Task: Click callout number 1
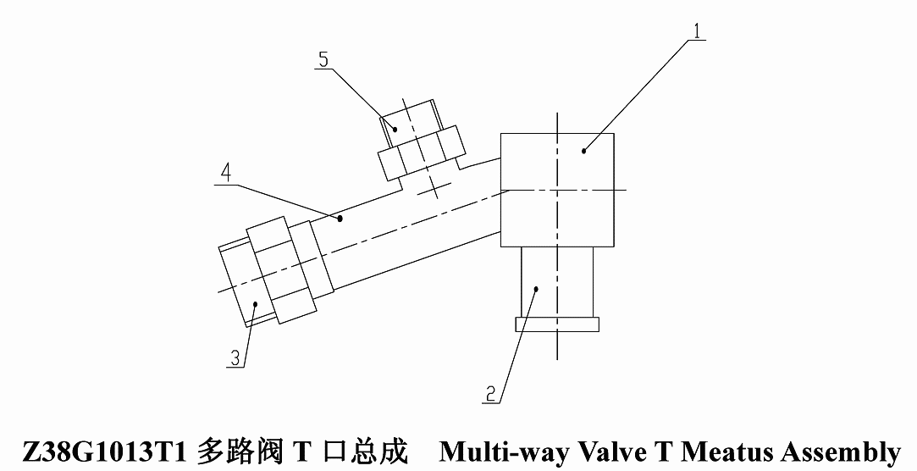tap(696, 30)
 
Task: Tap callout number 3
tap(235, 358)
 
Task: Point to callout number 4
tap(226, 175)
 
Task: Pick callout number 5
tap(323, 59)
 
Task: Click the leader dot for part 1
tap(583, 151)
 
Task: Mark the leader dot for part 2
tap(536, 287)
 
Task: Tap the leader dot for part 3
tap(255, 303)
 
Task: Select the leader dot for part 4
tap(340, 219)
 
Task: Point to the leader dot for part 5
tap(395, 130)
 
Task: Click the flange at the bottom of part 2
tap(557, 324)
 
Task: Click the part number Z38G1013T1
tap(104, 452)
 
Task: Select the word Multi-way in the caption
tap(505, 452)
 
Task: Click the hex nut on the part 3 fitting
tap(282, 269)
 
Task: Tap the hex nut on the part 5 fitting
tap(422, 152)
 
